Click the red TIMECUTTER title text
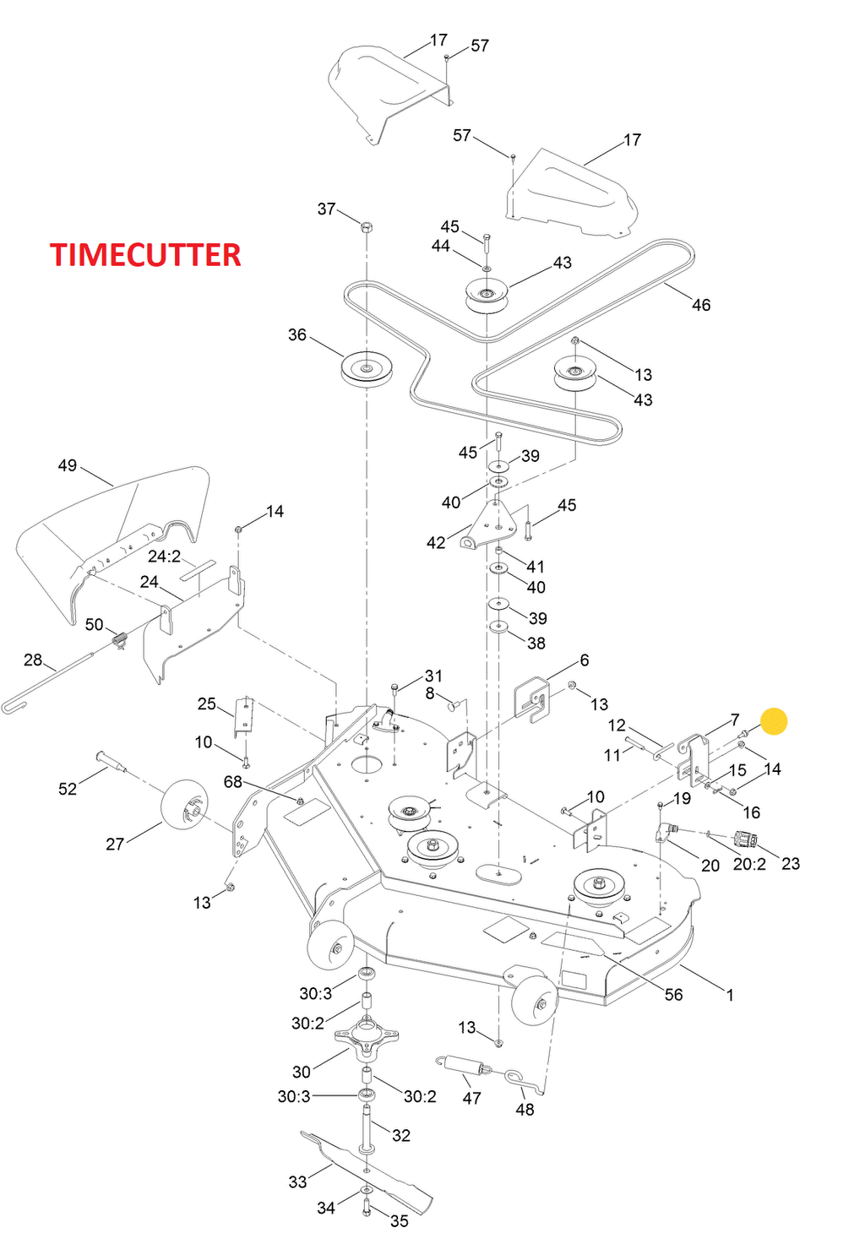pos(145,255)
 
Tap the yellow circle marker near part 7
pos(774,721)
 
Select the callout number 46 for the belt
pos(701,305)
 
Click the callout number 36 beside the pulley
pos(297,335)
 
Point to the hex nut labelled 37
pos(367,227)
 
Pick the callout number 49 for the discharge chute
pos(68,465)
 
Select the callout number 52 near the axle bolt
pos(68,789)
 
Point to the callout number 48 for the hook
pos(525,1109)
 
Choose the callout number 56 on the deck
pos(673,995)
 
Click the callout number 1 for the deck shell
pos(730,995)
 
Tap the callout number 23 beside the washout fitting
pos(791,863)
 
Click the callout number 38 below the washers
pos(536,644)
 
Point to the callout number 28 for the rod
pos(33,660)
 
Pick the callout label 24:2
pos(165,557)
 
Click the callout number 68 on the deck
pos(233,782)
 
